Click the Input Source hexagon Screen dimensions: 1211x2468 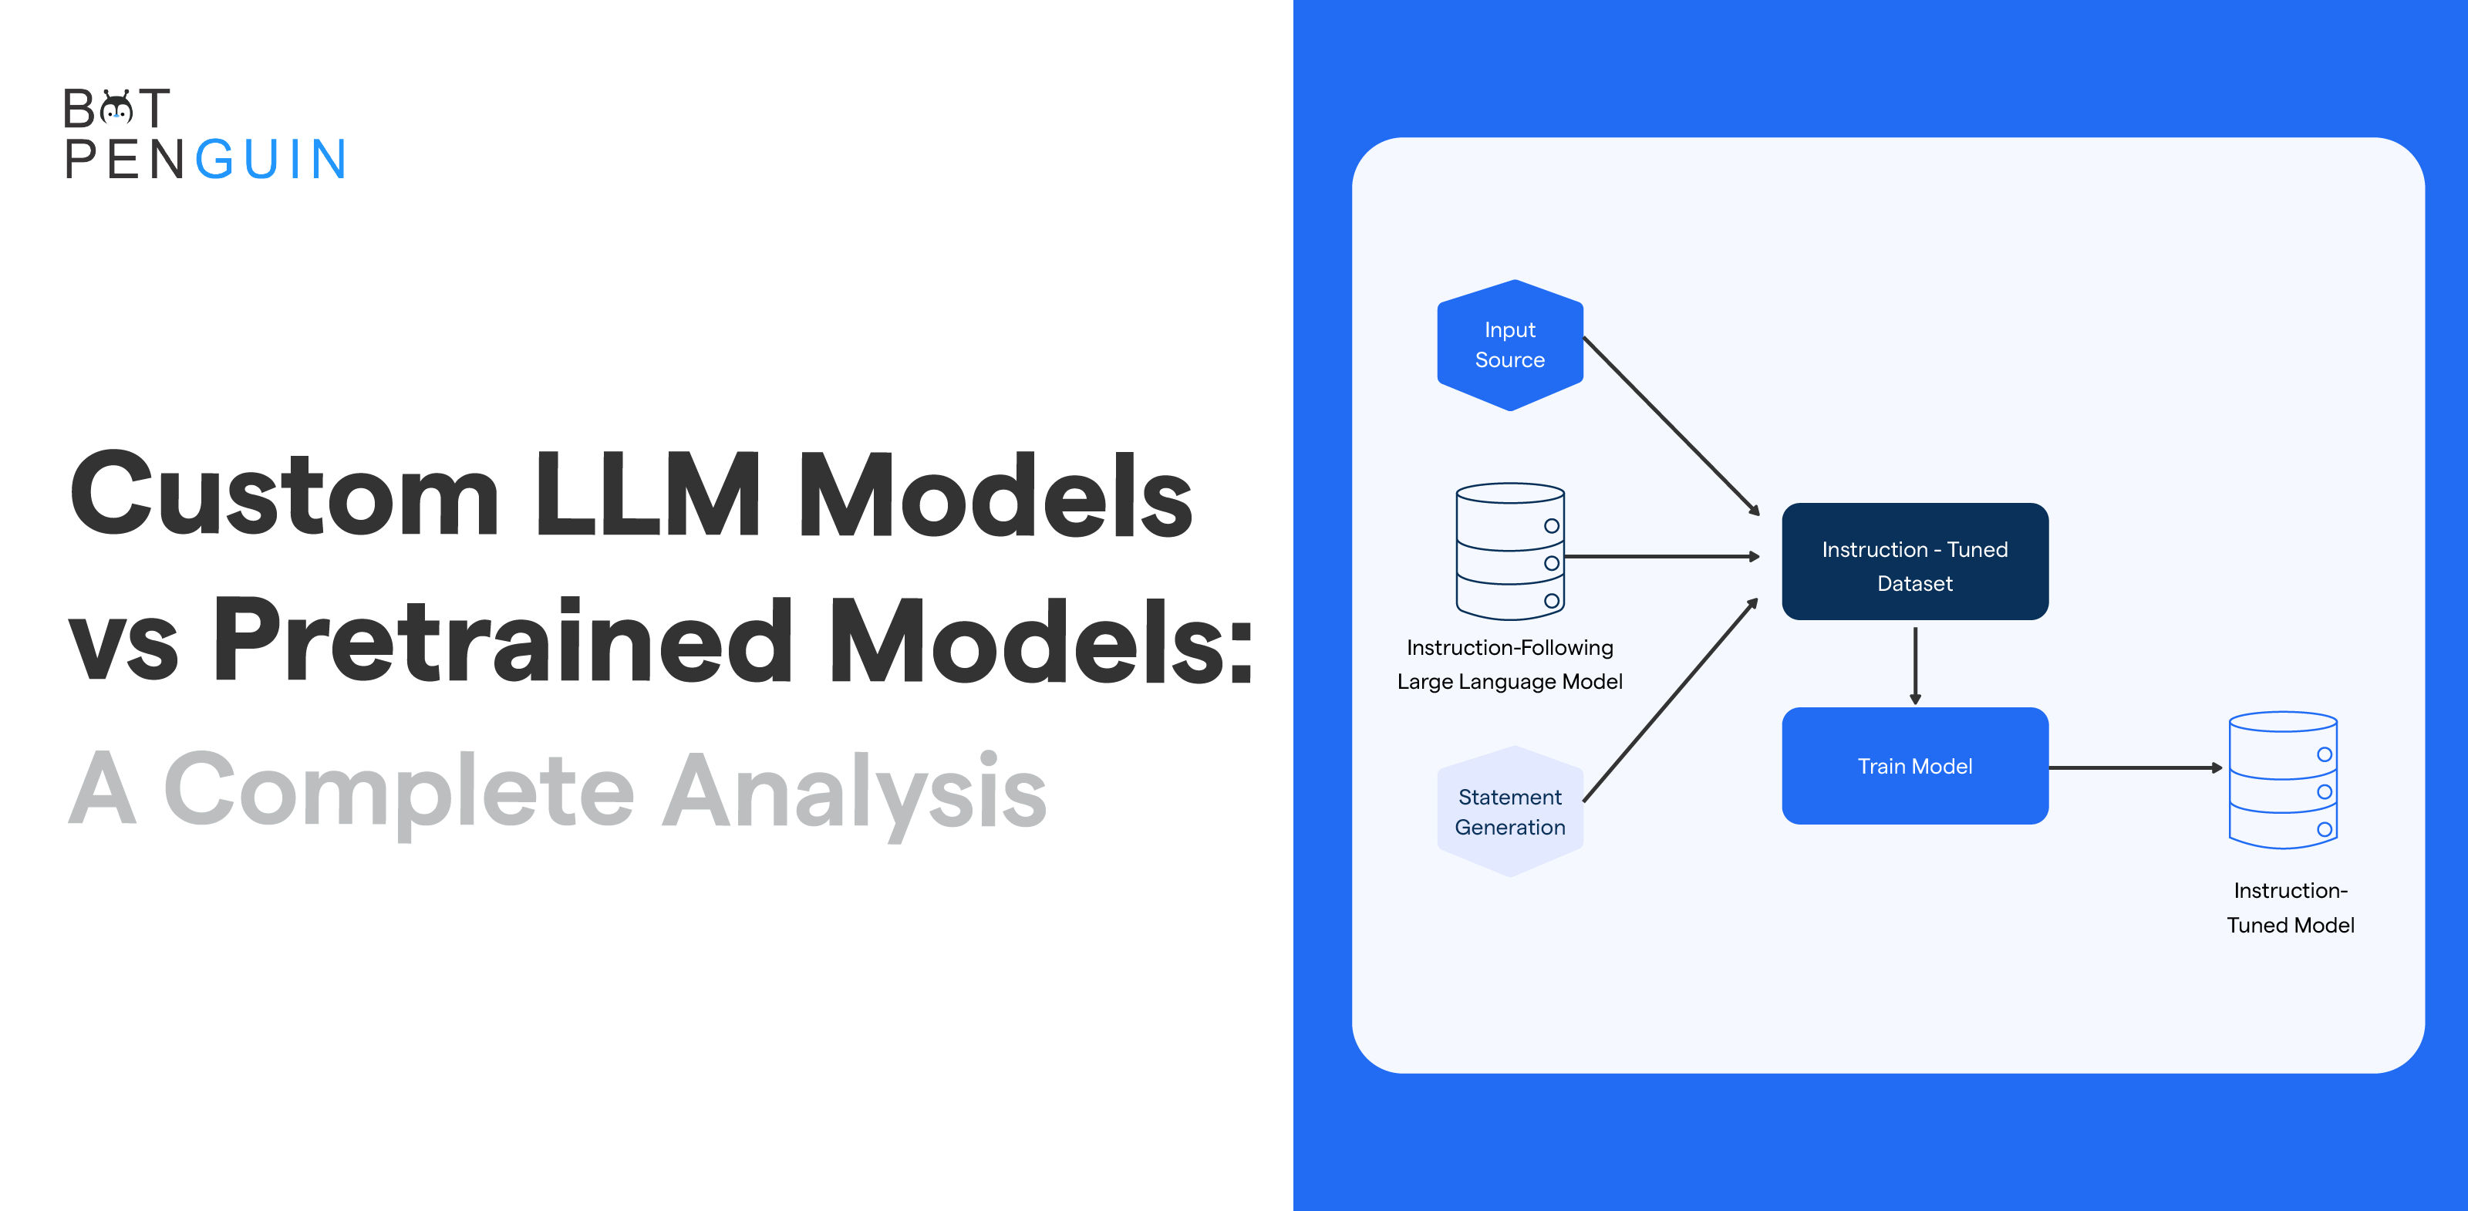[x=1510, y=345]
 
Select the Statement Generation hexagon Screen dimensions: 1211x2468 [x=1510, y=811]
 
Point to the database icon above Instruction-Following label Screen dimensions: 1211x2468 [x=1510, y=551]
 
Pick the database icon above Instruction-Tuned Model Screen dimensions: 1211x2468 [x=2282, y=780]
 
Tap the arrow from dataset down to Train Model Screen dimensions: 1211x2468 [x=1914, y=665]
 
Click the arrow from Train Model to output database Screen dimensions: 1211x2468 [x=2135, y=767]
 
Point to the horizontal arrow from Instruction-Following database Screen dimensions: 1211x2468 [x=1661, y=555]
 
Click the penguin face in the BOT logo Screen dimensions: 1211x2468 [x=117, y=110]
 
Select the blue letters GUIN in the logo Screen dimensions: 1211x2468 [x=271, y=160]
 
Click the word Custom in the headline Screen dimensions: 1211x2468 [x=285, y=495]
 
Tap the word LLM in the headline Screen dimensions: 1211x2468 [x=648, y=495]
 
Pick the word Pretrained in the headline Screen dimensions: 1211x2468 [x=502, y=640]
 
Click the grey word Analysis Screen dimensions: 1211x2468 [x=854, y=791]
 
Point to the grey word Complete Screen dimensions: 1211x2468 [x=399, y=791]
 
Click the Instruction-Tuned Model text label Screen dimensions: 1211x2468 [x=2290, y=907]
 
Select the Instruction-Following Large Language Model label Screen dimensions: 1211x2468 [x=1510, y=664]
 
